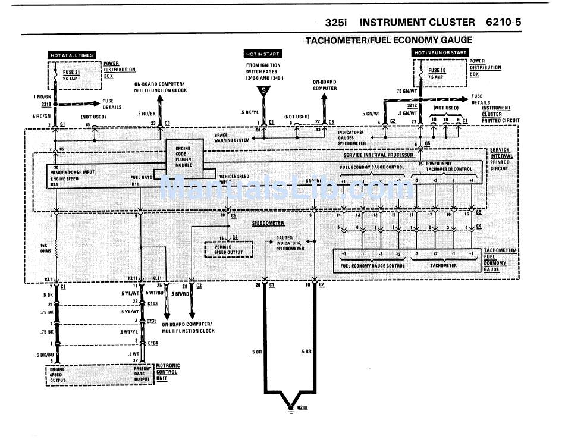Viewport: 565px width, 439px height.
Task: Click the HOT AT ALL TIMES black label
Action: point(71,55)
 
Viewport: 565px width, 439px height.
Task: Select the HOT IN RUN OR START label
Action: point(436,53)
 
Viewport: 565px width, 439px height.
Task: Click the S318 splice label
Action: point(45,104)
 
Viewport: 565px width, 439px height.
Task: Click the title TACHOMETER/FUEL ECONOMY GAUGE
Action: point(388,40)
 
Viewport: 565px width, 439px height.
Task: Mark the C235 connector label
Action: point(152,321)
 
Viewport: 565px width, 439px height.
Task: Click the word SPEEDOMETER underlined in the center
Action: point(267,222)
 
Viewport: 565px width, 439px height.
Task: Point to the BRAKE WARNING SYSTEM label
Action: point(230,138)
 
